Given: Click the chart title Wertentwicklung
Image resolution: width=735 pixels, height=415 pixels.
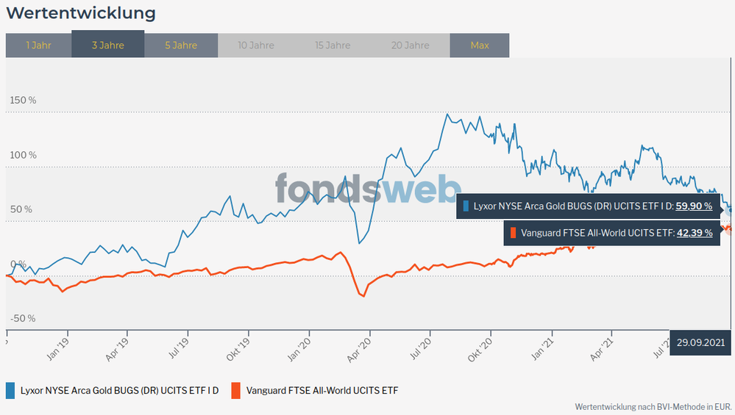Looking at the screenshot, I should tap(81, 13).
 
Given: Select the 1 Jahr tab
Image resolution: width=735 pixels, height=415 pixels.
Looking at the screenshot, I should tap(38, 46).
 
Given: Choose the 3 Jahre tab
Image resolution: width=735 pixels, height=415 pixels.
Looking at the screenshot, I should tap(108, 46).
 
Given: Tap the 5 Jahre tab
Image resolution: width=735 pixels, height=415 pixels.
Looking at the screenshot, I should tap(181, 46).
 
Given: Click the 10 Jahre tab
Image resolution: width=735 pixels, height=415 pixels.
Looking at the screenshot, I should tap(256, 46).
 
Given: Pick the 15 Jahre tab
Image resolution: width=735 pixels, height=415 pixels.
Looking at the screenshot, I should tap(333, 46).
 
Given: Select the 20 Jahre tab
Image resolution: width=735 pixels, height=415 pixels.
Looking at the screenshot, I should tap(410, 46).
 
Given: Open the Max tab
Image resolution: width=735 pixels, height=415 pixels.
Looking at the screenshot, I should tap(480, 46).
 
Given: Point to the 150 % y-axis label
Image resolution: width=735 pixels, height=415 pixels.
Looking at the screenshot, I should tap(23, 100).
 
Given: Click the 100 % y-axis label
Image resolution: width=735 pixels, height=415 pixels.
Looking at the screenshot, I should tap(23, 155).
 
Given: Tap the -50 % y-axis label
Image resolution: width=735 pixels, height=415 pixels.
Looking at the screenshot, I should tap(22, 318).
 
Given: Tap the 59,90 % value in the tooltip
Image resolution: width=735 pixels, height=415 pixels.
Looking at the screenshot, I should tap(694, 206).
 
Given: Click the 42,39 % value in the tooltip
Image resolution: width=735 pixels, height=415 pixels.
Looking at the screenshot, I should tap(694, 233).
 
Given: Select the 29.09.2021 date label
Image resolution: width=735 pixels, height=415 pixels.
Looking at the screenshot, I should tap(701, 342).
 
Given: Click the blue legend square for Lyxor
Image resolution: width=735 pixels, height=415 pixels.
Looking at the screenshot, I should tap(11, 390).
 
